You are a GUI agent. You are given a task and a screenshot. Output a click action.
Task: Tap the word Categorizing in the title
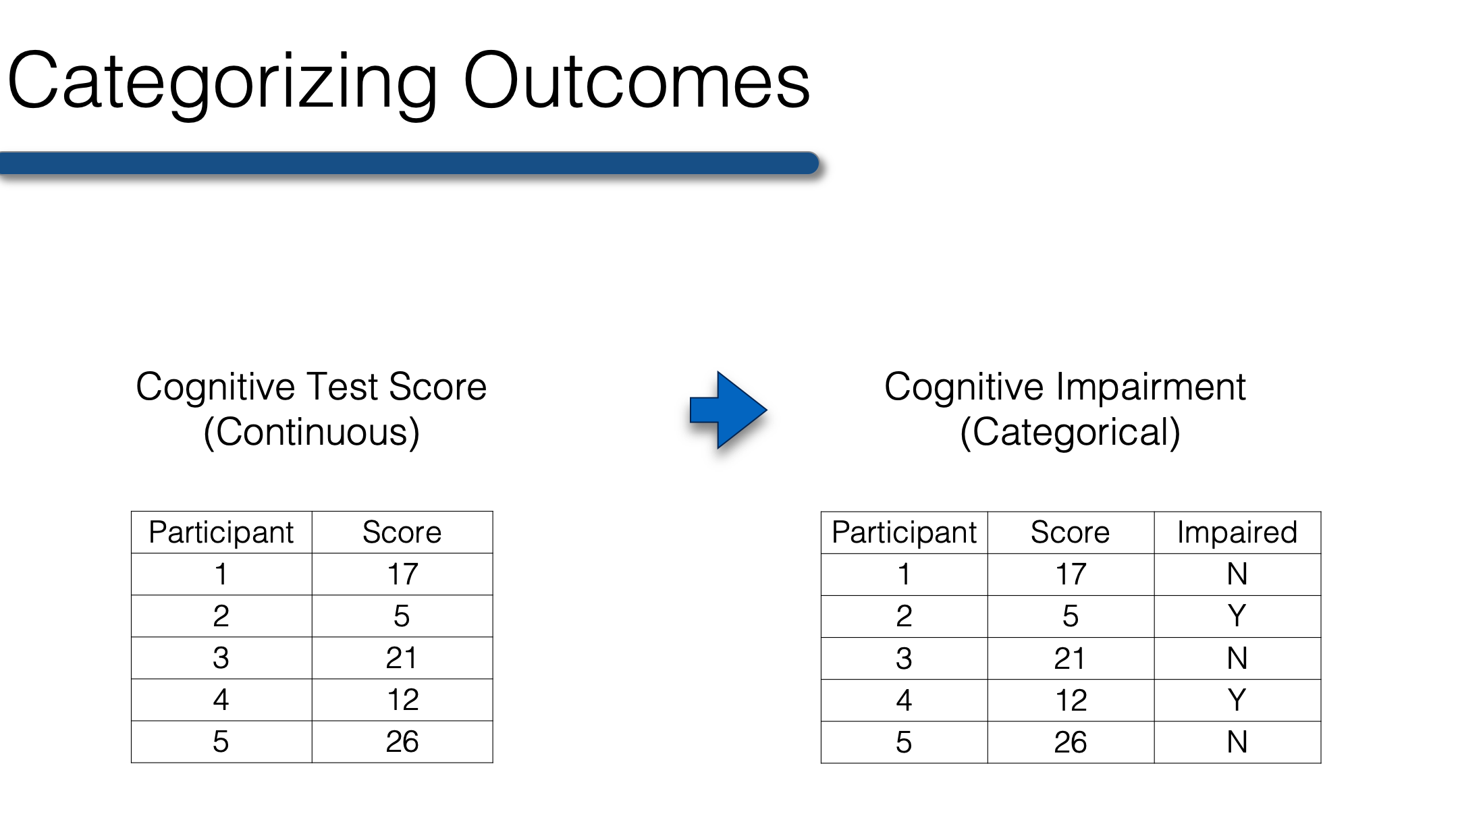[223, 85]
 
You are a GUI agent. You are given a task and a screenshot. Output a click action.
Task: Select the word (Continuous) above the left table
[311, 433]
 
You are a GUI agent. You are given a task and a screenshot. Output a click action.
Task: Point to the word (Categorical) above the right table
[1070, 433]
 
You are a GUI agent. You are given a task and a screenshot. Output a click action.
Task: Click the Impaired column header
[1237, 532]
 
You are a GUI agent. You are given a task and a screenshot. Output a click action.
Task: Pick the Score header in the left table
[402, 532]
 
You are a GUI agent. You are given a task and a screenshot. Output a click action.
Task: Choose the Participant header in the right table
[904, 532]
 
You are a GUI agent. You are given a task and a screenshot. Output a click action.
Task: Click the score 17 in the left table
[402, 574]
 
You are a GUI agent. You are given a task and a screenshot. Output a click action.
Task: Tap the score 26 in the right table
[1071, 742]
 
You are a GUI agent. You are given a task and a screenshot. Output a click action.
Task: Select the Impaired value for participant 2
[1237, 616]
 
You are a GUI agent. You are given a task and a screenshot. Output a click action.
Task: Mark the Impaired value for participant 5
[1237, 742]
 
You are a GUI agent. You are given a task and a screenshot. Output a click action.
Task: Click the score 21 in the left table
[402, 658]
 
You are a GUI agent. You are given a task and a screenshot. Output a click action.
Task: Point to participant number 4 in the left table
[221, 700]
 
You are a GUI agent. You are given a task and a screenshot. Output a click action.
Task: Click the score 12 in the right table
[1071, 701]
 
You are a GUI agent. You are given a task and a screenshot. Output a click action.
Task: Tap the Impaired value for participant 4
[1237, 700]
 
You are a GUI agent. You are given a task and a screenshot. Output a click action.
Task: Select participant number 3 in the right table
[904, 659]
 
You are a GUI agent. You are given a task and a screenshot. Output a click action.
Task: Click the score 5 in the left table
[402, 616]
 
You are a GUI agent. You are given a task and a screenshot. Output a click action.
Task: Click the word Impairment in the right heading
[1151, 387]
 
